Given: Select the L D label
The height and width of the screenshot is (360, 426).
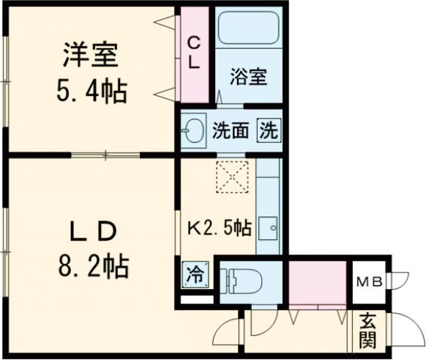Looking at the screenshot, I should point(91,231).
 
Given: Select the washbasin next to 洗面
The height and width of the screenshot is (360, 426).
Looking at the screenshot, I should point(194,130).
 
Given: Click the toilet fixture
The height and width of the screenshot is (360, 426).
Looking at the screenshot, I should point(239,280).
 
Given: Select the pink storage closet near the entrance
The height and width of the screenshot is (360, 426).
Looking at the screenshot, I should point(316,283).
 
